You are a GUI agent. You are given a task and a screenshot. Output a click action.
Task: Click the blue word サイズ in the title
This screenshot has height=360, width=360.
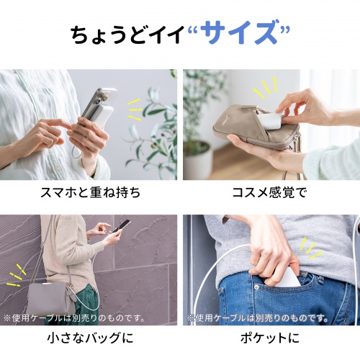tap(238, 33)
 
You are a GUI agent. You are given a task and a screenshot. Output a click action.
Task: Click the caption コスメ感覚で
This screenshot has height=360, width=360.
tap(269, 193)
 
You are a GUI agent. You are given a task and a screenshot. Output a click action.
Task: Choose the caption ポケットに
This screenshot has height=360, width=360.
tap(269, 337)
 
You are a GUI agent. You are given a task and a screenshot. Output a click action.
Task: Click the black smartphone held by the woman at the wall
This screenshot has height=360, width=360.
tap(123, 226)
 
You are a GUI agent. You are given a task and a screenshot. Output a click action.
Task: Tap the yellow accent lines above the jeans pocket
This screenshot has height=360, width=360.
tap(311, 248)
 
